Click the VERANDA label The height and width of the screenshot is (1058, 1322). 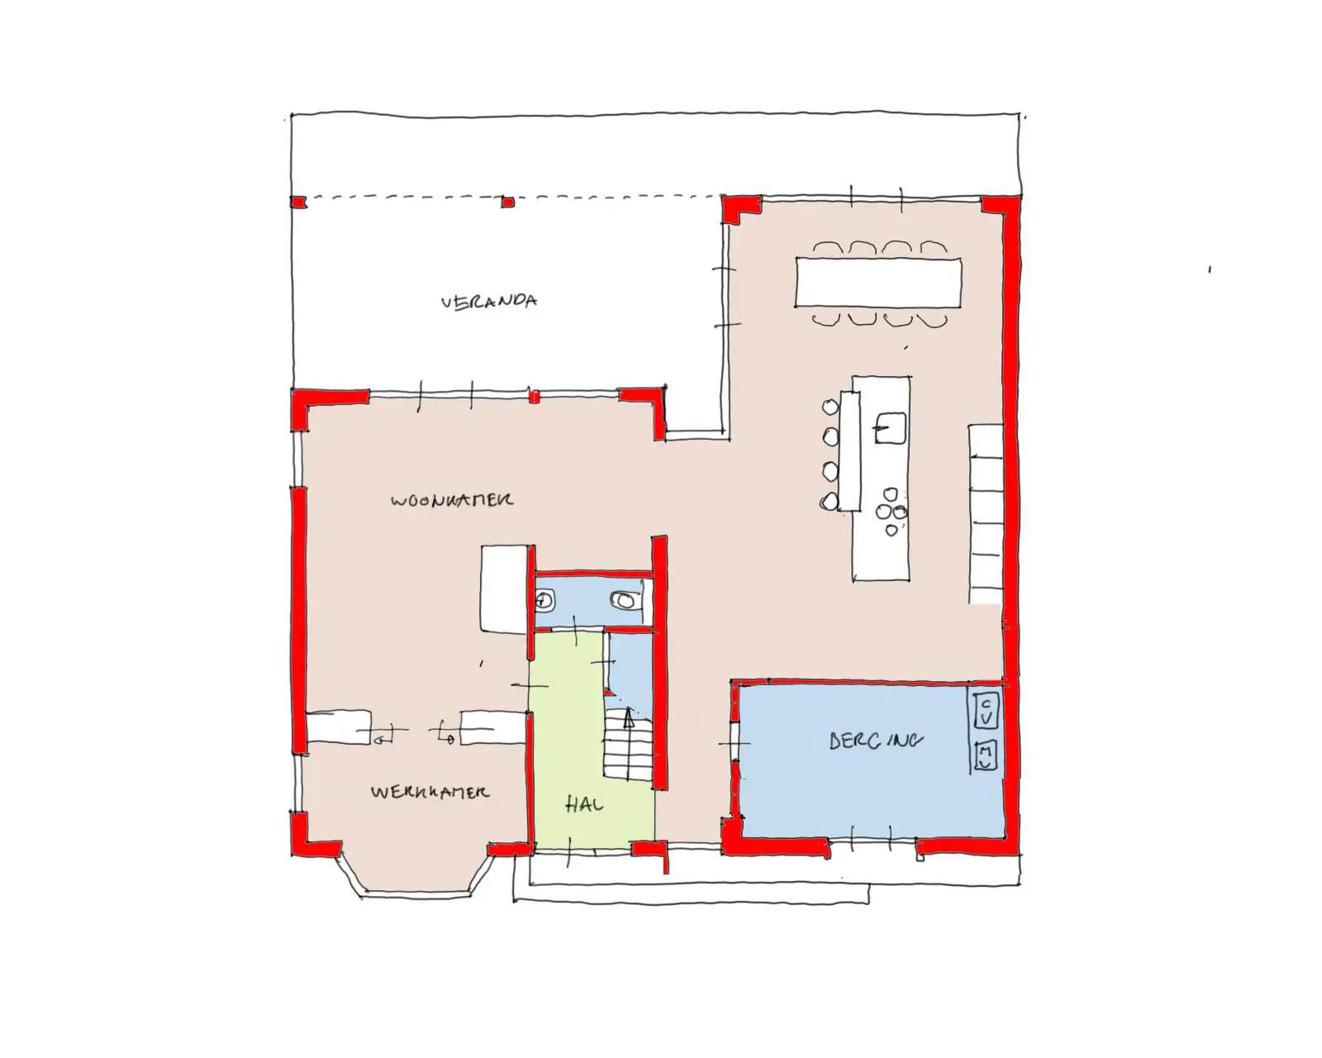(489, 302)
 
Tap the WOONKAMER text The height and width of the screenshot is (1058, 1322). (451, 500)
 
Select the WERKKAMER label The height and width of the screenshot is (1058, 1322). (430, 792)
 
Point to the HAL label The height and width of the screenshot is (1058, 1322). (584, 804)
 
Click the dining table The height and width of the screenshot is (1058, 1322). (878, 282)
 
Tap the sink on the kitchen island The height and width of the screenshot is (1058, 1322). (891, 429)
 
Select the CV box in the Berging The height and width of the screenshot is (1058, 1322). (986, 711)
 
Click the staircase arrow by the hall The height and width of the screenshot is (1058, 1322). (628, 717)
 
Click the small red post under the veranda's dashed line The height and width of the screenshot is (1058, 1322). (508, 202)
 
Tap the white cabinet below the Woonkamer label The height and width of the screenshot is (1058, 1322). (504, 589)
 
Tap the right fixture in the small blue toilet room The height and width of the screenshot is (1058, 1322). (624, 601)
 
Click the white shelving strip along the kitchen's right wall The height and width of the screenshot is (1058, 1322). (986, 513)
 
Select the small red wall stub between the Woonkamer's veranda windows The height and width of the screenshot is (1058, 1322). (534, 398)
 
